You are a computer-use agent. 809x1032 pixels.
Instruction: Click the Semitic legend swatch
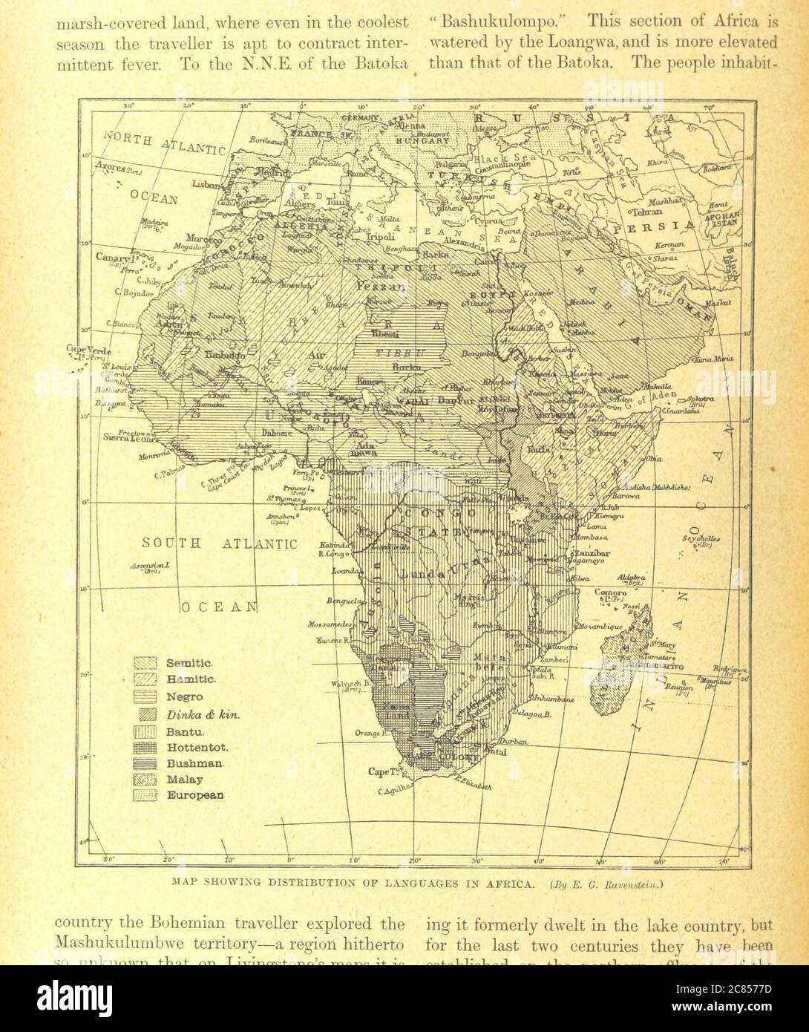click(145, 663)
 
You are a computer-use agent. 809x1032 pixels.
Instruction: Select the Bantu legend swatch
click(145, 731)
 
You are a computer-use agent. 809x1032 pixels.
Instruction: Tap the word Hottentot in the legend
click(197, 748)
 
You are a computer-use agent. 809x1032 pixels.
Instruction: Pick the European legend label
click(195, 795)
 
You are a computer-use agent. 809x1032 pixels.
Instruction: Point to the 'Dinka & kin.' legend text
click(204, 715)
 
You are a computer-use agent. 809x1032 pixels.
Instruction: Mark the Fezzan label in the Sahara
click(379, 287)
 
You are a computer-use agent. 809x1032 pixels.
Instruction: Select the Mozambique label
click(601, 627)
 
